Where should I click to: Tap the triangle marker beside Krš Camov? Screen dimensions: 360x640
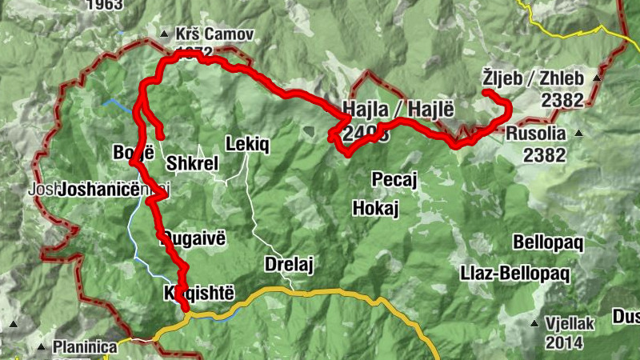tap(163, 34)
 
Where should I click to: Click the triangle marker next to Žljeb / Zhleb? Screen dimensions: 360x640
tap(596, 78)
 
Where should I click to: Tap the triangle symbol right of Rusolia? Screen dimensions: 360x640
tap(577, 134)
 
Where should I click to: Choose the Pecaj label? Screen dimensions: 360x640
tap(395, 179)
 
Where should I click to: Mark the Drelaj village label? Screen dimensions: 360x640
tap(286, 265)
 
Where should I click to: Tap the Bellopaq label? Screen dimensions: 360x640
tap(550, 242)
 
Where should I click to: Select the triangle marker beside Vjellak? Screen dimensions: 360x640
tap(534, 323)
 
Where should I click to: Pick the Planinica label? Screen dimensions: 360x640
tap(85, 347)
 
